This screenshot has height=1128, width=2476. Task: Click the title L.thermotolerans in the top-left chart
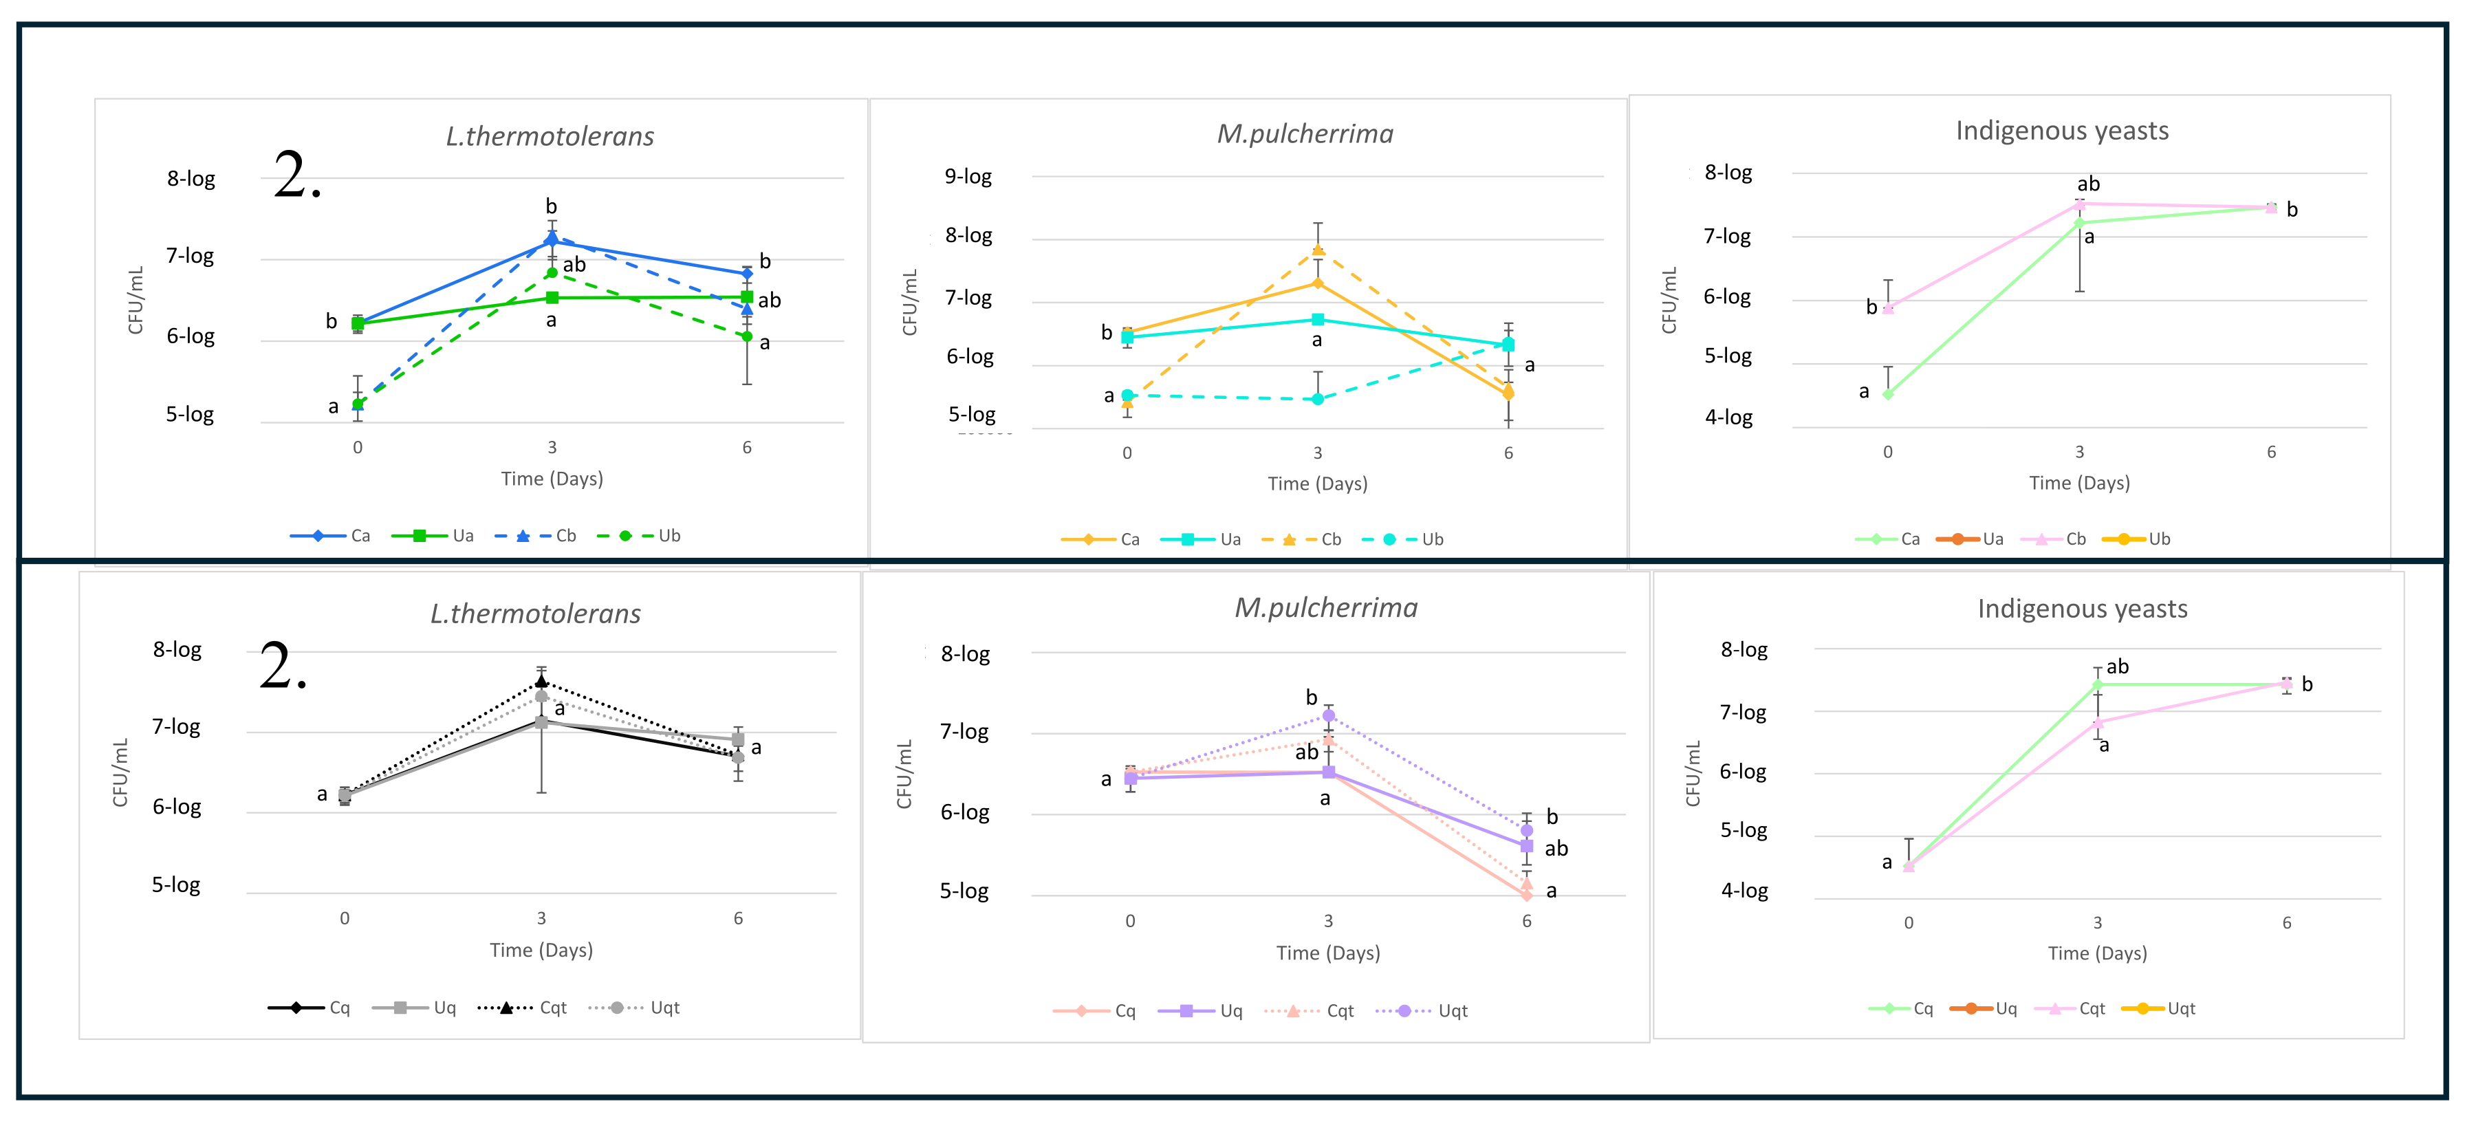click(x=550, y=136)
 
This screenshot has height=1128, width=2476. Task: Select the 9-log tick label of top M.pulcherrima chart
click(x=968, y=177)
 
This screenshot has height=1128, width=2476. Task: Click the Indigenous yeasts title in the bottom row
click(x=2082, y=609)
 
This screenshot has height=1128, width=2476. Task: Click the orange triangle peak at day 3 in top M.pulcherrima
click(x=1318, y=250)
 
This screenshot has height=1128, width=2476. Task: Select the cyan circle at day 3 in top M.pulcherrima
click(x=1318, y=399)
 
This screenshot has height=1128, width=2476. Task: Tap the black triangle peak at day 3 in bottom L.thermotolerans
click(x=541, y=681)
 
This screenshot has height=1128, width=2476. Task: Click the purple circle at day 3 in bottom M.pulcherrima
click(x=1328, y=715)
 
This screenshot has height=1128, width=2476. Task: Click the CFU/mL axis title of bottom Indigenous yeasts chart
click(x=1693, y=774)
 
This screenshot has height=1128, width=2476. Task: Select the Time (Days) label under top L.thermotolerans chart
click(x=552, y=479)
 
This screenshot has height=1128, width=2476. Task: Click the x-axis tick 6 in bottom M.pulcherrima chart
click(x=1526, y=920)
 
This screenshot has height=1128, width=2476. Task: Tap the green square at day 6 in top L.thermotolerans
click(x=747, y=297)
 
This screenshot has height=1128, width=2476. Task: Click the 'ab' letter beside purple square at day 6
click(x=1556, y=848)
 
